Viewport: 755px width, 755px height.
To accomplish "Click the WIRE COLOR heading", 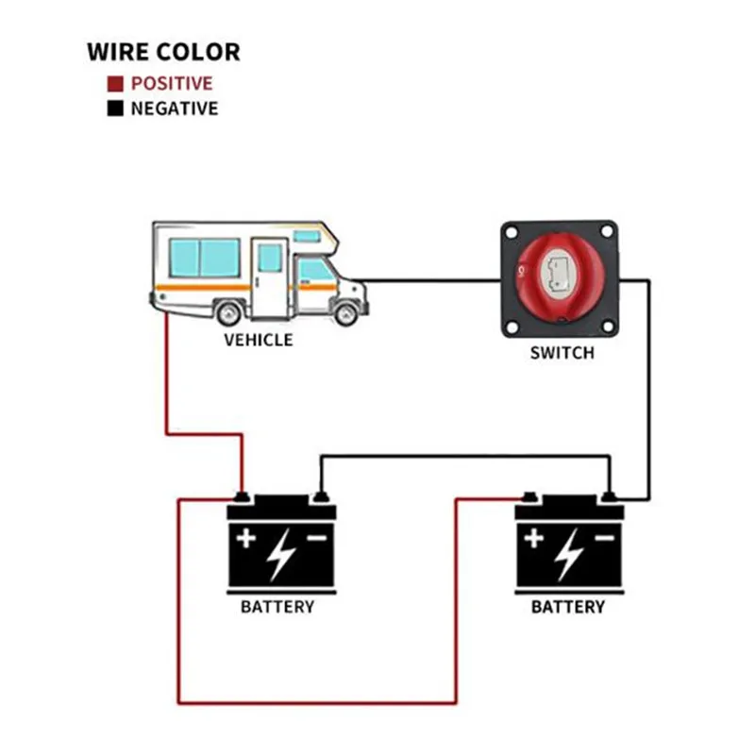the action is (x=163, y=52).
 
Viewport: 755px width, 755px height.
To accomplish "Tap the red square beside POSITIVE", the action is (x=115, y=84).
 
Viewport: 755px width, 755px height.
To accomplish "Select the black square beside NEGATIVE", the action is (x=115, y=109).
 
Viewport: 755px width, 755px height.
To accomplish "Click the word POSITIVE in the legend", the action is (x=172, y=84).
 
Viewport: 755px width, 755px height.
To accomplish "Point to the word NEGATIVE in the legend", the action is (x=175, y=109).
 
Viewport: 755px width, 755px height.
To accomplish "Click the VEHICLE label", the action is (x=258, y=341).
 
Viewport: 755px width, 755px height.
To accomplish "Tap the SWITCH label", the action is (x=562, y=353).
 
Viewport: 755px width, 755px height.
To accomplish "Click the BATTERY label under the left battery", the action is (x=277, y=607).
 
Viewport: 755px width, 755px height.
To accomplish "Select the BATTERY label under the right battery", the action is (x=568, y=607).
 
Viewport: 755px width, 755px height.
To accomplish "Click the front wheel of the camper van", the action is (x=345, y=313).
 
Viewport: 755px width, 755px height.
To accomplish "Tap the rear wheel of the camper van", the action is (x=228, y=313).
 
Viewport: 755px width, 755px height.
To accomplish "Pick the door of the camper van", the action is (x=270, y=277).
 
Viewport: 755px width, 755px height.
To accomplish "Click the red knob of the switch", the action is (x=560, y=277).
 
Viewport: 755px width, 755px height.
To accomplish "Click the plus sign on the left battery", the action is (x=246, y=538).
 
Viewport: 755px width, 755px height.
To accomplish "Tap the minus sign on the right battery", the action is (x=605, y=537).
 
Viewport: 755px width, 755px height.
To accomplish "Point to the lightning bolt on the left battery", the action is (x=280, y=554).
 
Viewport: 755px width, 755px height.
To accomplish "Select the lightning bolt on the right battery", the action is (x=569, y=554).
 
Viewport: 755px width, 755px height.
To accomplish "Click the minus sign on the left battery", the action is (x=317, y=537).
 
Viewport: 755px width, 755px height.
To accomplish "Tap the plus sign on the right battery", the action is (x=534, y=538).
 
